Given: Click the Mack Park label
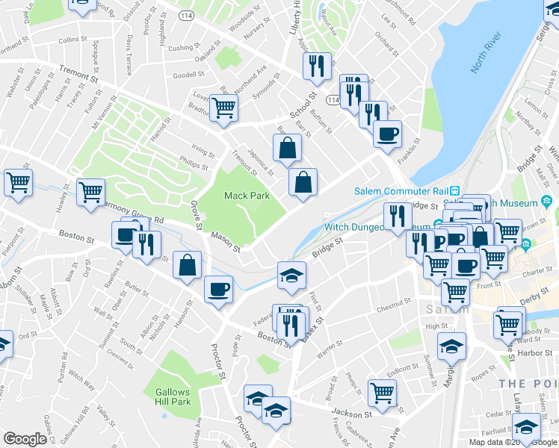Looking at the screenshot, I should point(246,196).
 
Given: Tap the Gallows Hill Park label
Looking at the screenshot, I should point(173,396).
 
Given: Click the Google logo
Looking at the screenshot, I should point(25,439).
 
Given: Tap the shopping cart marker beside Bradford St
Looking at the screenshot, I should point(223,109).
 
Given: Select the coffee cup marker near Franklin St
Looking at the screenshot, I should point(387,134).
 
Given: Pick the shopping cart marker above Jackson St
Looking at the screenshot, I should point(383,391).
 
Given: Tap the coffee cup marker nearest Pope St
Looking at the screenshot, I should point(218,289).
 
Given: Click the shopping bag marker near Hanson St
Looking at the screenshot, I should point(187,265).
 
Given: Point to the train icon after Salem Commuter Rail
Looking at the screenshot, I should point(454,190).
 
